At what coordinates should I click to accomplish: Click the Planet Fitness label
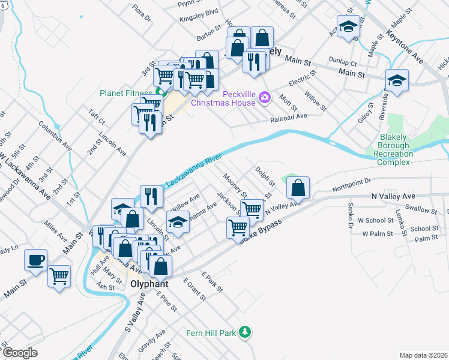click(125, 93)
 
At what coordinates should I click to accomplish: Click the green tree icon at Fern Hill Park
click(244, 332)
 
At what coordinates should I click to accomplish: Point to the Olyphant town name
click(148, 283)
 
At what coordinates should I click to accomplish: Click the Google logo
click(20, 353)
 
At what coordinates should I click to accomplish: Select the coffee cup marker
click(35, 260)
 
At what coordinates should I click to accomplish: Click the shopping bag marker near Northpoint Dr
click(298, 188)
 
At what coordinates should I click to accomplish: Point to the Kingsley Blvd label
click(199, 15)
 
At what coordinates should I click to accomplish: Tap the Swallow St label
click(421, 209)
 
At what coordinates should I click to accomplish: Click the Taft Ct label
click(96, 115)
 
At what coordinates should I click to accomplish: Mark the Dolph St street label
click(265, 176)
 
